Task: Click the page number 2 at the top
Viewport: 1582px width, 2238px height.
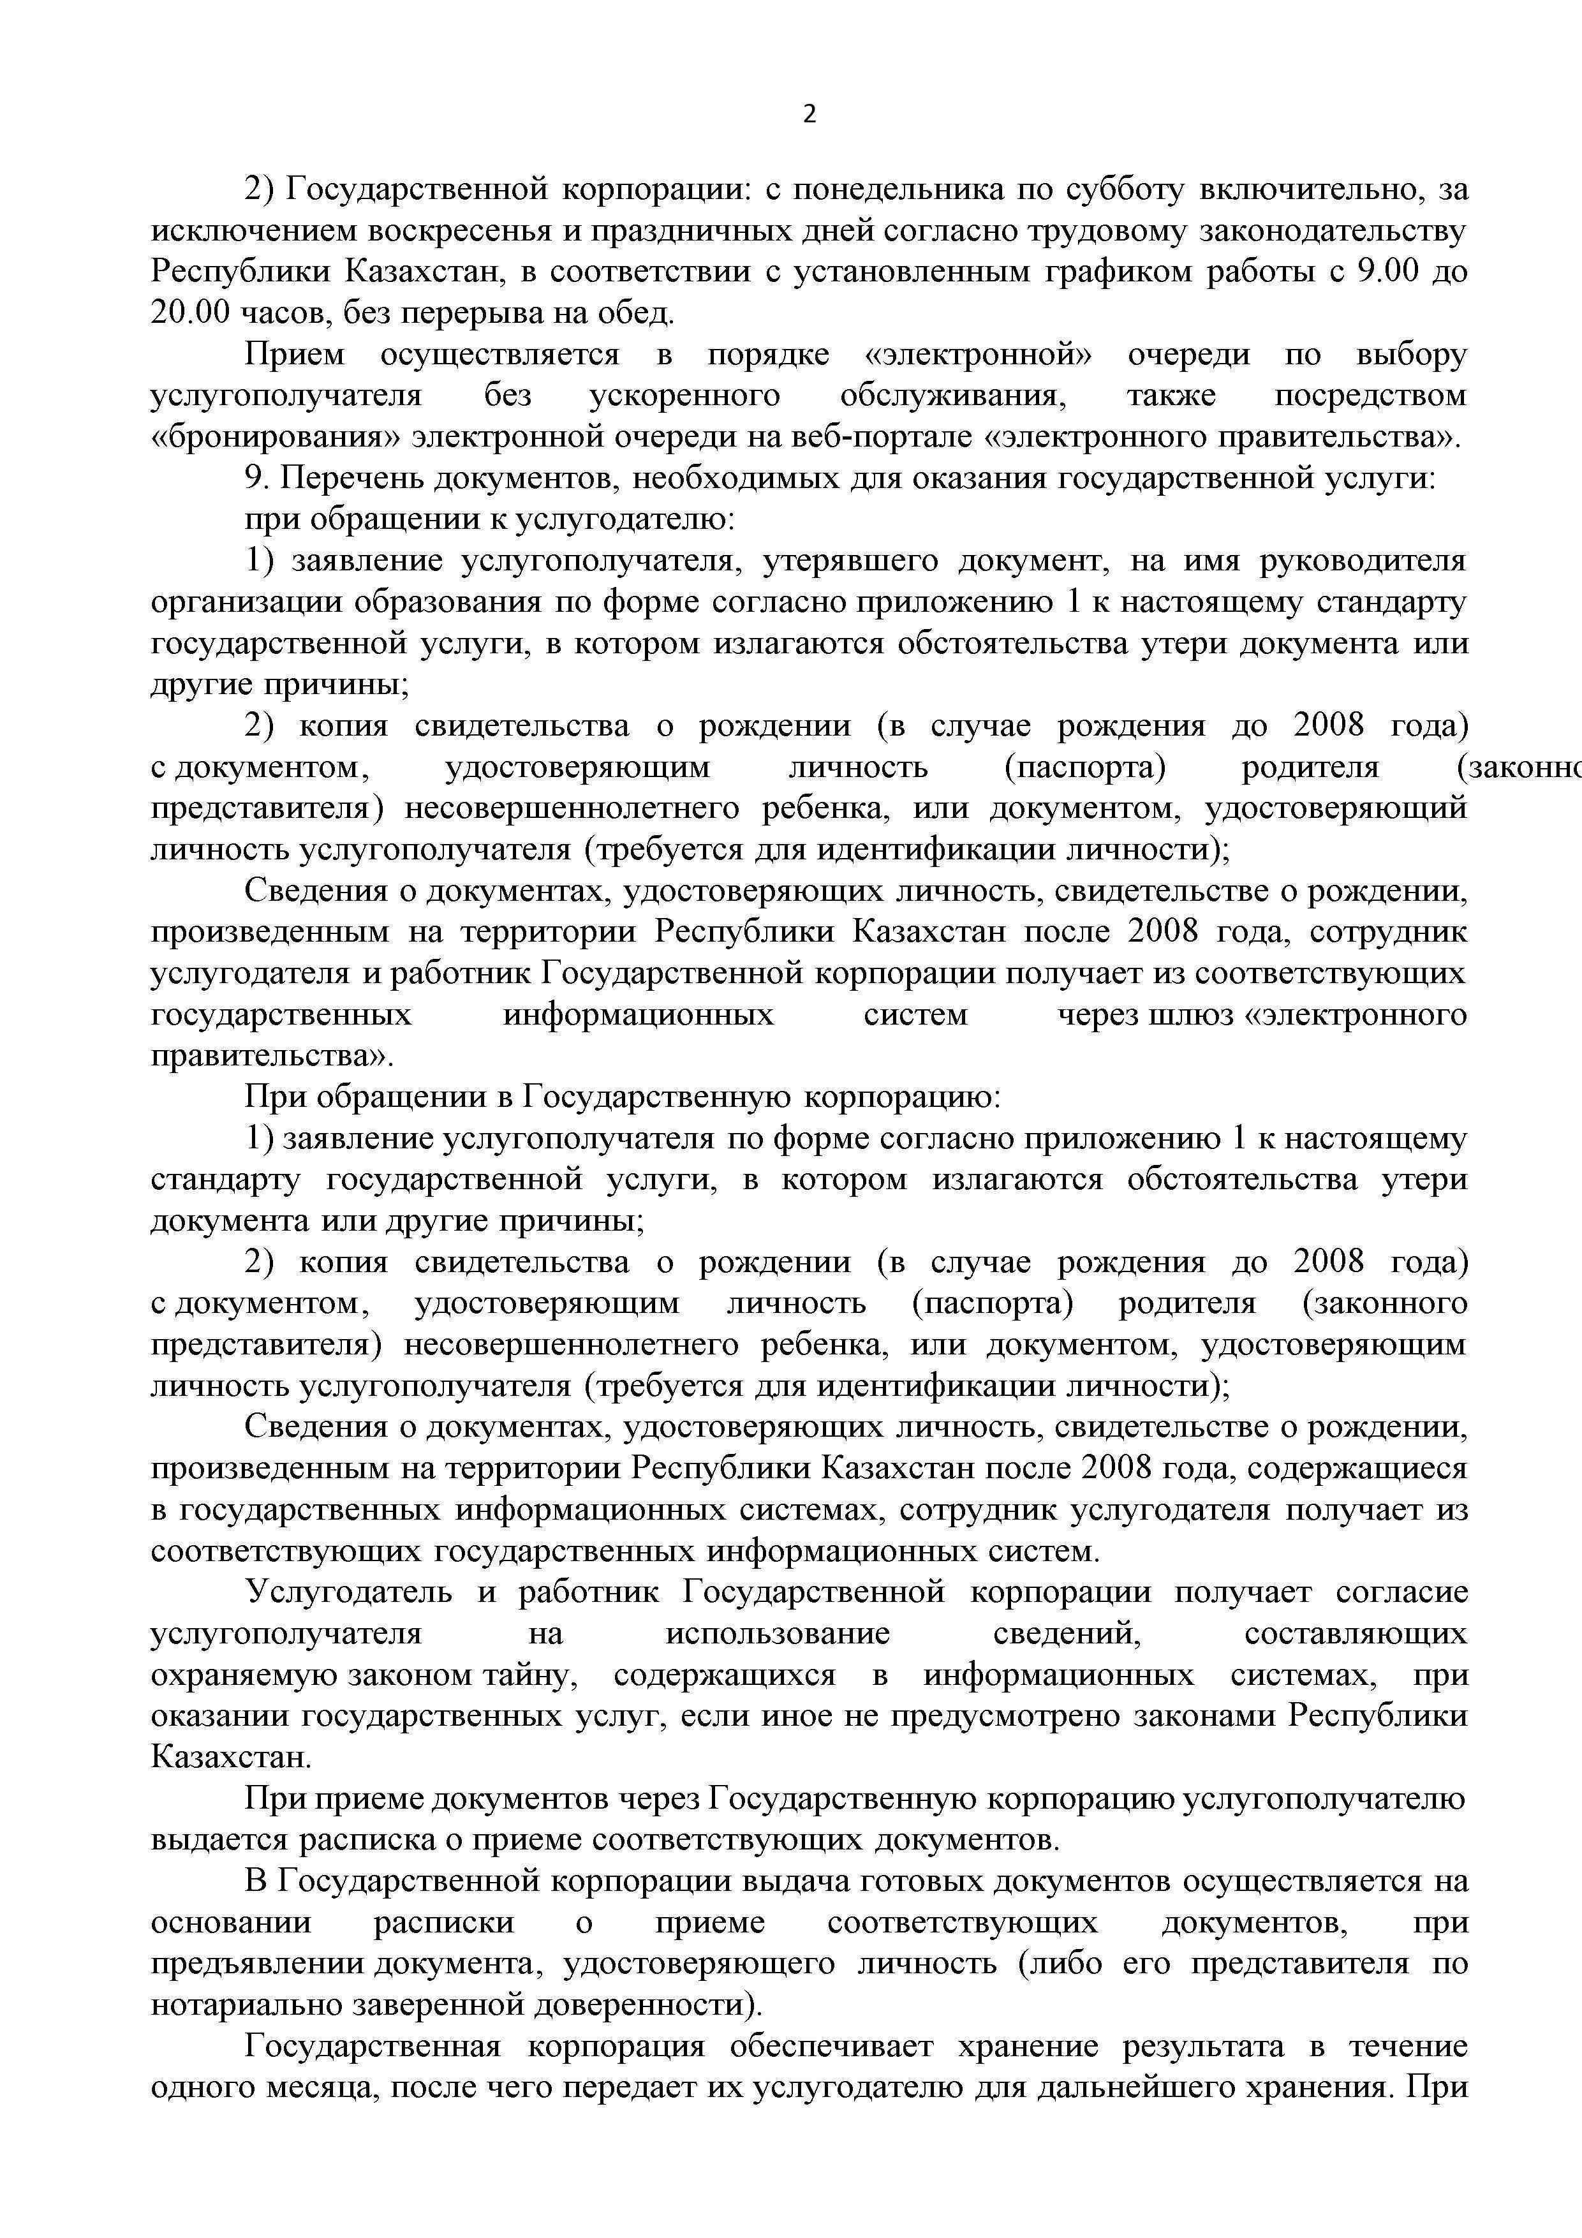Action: (x=809, y=115)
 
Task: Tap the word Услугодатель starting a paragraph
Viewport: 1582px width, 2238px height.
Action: (x=348, y=1592)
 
